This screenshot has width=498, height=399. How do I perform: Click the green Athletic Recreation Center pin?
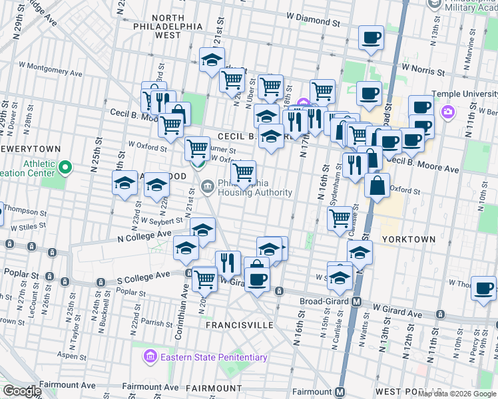pos(65,168)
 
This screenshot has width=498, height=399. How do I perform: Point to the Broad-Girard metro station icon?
pos(357,301)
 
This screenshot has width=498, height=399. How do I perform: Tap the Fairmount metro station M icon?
pos(341,392)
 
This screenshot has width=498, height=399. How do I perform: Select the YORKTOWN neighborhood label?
pos(409,239)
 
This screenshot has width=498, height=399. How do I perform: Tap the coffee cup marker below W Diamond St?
pos(371,37)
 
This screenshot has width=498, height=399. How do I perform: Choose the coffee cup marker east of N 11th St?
pos(483,287)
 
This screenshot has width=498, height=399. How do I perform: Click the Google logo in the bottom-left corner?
pos(22,391)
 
